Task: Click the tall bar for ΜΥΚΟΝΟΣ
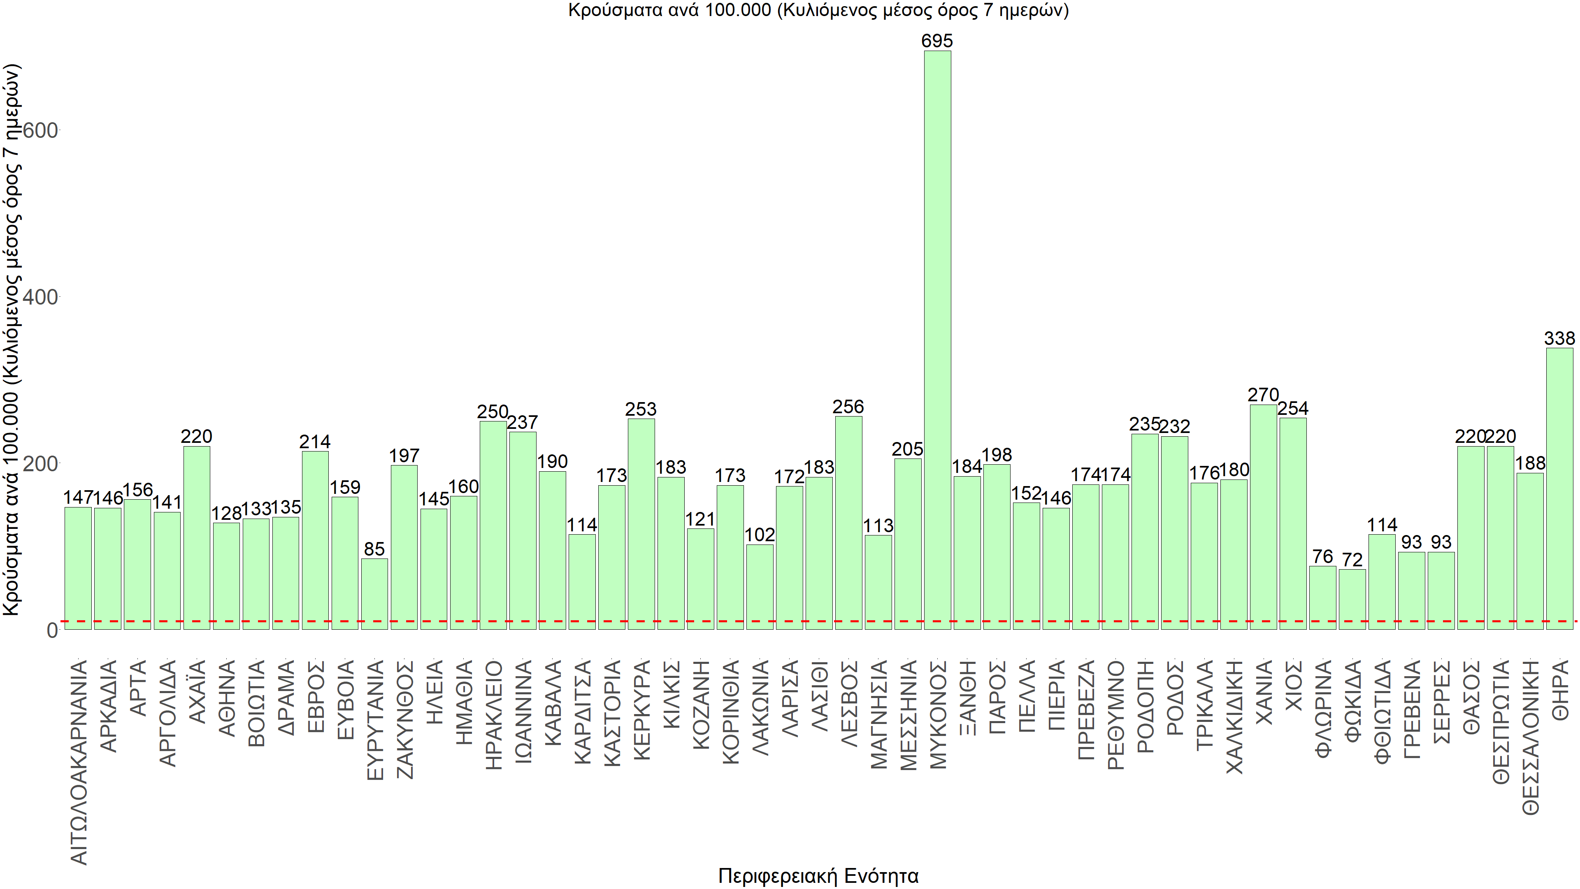(x=937, y=340)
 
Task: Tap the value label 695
(x=937, y=41)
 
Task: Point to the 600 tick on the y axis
(x=40, y=130)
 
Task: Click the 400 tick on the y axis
(x=40, y=297)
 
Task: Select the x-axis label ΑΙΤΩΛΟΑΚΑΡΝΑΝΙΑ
(x=79, y=762)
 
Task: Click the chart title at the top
(x=818, y=10)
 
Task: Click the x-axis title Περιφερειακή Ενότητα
(x=818, y=875)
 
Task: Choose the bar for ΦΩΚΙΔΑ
(x=1352, y=599)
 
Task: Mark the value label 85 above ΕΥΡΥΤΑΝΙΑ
(x=374, y=549)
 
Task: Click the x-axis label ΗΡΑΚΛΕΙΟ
(x=493, y=715)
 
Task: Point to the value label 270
(x=1263, y=395)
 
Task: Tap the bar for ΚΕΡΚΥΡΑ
(x=641, y=524)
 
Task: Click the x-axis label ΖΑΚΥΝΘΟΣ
(x=404, y=719)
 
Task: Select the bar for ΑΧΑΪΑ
(x=196, y=538)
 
